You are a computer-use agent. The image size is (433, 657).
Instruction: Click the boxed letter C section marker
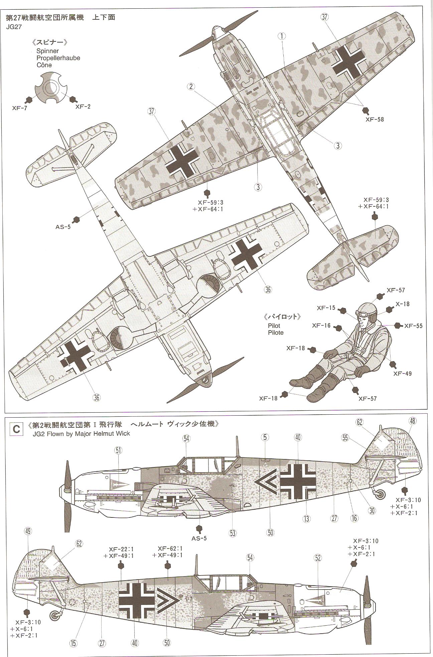pos(16,428)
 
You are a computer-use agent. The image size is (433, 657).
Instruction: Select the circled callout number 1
pos(282,36)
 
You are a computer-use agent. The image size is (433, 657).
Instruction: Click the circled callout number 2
pos(191,86)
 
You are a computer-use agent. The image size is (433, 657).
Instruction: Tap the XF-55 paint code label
pos(413,325)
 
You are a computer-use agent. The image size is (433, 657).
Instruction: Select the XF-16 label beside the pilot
pos(321,325)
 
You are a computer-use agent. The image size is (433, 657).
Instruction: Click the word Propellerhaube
pos(58,58)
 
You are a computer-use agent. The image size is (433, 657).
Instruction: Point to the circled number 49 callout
pos(28,540)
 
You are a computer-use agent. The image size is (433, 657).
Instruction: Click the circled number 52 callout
pos(317,557)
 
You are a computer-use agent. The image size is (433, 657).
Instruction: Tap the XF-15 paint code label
pos(326,308)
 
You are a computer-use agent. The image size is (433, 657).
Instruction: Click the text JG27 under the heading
pos(13,27)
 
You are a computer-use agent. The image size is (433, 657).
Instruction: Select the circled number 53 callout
pos(233,533)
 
